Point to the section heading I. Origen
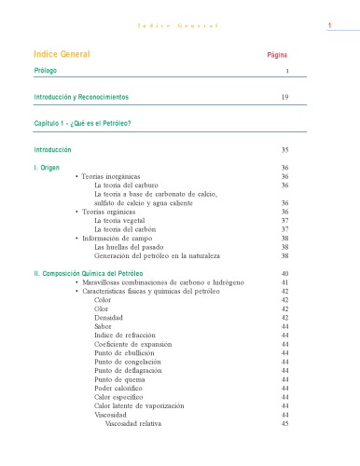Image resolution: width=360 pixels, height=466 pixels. (x=48, y=167)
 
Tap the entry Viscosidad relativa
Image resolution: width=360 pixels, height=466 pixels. (x=133, y=423)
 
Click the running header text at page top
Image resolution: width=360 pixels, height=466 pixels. (x=180, y=25)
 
